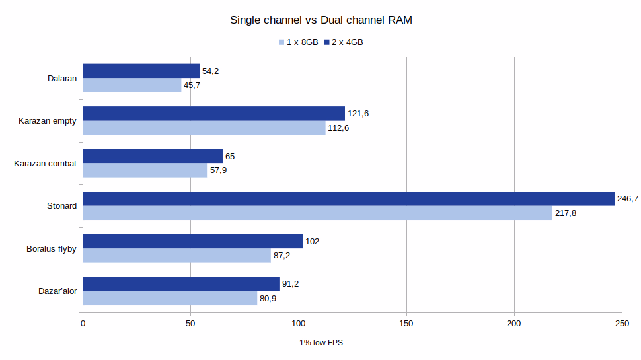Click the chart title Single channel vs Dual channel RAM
(x=320, y=20)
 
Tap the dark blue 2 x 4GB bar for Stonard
(x=348, y=199)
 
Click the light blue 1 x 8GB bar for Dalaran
(x=132, y=85)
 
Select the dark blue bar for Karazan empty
(x=213, y=114)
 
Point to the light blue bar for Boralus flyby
(x=176, y=256)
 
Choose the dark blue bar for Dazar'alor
(x=181, y=284)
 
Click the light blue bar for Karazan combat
(x=145, y=170)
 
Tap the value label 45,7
(x=192, y=86)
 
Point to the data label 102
(x=312, y=242)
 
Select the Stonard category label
(x=62, y=206)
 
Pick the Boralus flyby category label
(x=52, y=249)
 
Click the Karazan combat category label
(x=46, y=164)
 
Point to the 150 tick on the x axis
(x=406, y=324)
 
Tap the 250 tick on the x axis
(x=622, y=324)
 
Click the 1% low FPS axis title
(x=320, y=343)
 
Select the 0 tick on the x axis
(x=83, y=324)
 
